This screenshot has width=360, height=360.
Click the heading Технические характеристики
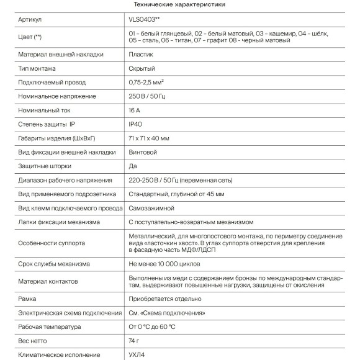179,5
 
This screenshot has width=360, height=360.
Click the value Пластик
142,54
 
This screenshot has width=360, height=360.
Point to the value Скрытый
142,68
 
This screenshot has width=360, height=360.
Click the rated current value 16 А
137,110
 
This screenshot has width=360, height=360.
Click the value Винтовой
143,152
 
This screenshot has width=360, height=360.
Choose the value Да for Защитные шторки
133,166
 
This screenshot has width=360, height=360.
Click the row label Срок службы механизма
56,264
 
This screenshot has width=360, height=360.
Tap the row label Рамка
29,299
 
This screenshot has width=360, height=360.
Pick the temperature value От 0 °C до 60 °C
152,326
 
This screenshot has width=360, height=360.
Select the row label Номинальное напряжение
57,96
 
